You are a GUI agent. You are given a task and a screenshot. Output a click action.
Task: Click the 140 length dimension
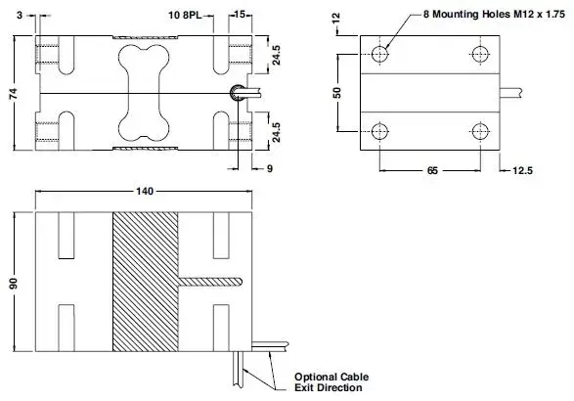145,191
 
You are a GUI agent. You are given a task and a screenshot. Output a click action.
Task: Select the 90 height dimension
13,283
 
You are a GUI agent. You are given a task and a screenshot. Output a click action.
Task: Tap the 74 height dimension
13,94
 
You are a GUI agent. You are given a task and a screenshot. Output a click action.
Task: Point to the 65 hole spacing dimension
432,170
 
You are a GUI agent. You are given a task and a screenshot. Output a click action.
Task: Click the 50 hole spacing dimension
336,93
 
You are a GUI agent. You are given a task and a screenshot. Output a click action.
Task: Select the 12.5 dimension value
522,170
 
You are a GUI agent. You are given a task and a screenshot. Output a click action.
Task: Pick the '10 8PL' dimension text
185,15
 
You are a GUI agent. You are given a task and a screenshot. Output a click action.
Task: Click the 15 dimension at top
240,15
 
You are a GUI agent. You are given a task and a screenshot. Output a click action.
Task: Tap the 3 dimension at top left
20,15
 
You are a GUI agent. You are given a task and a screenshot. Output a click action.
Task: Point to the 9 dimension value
270,169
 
